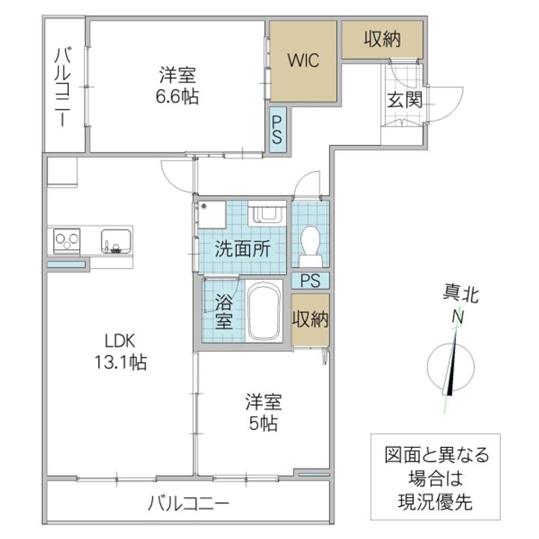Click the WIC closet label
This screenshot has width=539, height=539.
pyautogui.click(x=303, y=61)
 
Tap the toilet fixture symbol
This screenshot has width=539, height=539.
pyautogui.click(x=310, y=246)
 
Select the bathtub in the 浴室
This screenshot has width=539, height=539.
pyautogui.click(x=264, y=311)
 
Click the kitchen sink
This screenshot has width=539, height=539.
pyautogui.click(x=116, y=241)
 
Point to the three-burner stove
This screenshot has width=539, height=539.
pyautogui.click(x=67, y=241)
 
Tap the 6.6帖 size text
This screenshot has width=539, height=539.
pyautogui.click(x=177, y=97)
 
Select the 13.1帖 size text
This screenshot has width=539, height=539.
pyautogui.click(x=121, y=362)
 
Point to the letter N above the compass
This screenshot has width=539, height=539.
pyautogui.click(x=457, y=317)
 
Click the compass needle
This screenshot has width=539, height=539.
pyautogui.click(x=451, y=364)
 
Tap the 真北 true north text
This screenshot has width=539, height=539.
pyautogui.click(x=460, y=295)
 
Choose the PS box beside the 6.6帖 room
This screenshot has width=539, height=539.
pyautogui.click(x=278, y=130)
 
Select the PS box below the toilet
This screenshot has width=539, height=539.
pyautogui.click(x=311, y=280)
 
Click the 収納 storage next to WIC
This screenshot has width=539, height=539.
pyautogui.click(x=382, y=39)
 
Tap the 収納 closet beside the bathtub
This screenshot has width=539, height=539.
pyautogui.click(x=311, y=320)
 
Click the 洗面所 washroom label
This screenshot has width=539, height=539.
pyautogui.click(x=243, y=249)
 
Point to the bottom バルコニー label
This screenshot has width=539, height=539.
pyautogui.click(x=189, y=504)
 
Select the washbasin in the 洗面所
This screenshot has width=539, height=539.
pyautogui.click(x=267, y=213)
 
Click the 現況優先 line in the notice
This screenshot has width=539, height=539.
pyautogui.click(x=435, y=502)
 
